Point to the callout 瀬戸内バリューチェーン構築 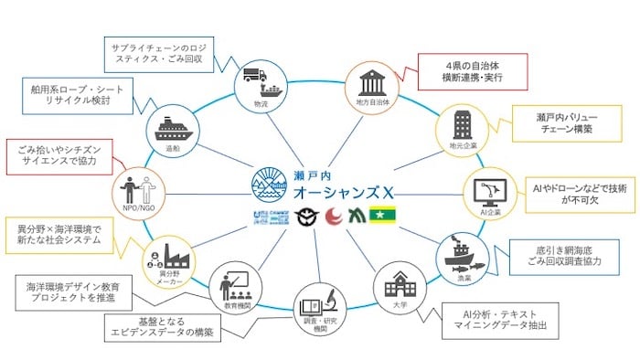click(x=552, y=125)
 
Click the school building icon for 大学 click(x=398, y=285)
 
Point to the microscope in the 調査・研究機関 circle click(x=328, y=302)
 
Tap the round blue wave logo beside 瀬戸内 click(x=271, y=183)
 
